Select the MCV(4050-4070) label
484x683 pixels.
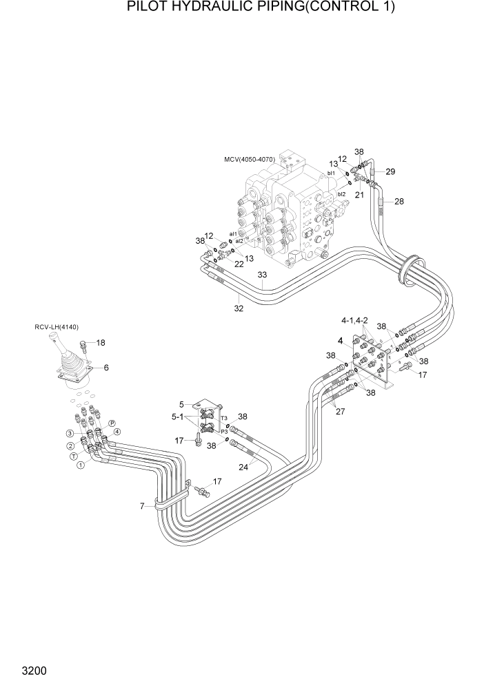250,160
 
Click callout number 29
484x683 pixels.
390,171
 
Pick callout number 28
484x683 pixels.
399,201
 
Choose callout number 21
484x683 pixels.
359,196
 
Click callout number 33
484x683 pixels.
263,275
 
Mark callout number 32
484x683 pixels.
239,308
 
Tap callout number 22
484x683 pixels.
239,264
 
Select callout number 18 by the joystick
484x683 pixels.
101,342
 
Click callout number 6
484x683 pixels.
106,368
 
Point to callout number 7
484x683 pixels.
142,507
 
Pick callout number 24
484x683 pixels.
243,466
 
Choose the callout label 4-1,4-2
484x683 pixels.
354,321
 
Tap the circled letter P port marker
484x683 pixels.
111,423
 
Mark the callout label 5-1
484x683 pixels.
177,417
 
